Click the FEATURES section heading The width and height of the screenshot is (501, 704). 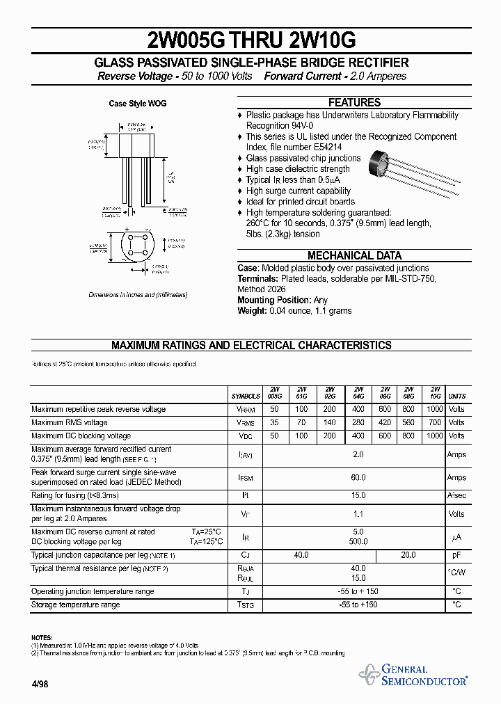(354, 102)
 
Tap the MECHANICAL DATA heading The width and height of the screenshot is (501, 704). (354, 255)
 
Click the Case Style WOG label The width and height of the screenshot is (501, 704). (138, 104)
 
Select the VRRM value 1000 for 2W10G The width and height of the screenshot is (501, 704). (434, 409)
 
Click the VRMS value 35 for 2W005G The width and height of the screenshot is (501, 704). (274, 422)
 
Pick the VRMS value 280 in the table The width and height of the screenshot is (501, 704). (358, 422)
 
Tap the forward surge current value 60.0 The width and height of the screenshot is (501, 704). (358, 478)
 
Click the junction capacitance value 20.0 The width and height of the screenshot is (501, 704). (408, 555)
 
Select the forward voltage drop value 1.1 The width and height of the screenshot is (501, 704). (358, 514)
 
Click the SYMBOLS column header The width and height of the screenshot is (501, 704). (246, 396)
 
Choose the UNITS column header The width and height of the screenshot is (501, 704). (457, 396)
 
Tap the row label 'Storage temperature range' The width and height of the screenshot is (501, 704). (75, 605)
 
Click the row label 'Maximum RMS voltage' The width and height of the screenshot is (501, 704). (70, 422)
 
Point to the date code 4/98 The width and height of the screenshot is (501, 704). (40, 684)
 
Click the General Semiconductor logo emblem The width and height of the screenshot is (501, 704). (369, 673)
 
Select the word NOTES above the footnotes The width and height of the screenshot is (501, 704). (42, 638)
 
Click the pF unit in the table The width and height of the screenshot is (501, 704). (456, 555)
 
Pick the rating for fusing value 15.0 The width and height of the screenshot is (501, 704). (358, 495)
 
